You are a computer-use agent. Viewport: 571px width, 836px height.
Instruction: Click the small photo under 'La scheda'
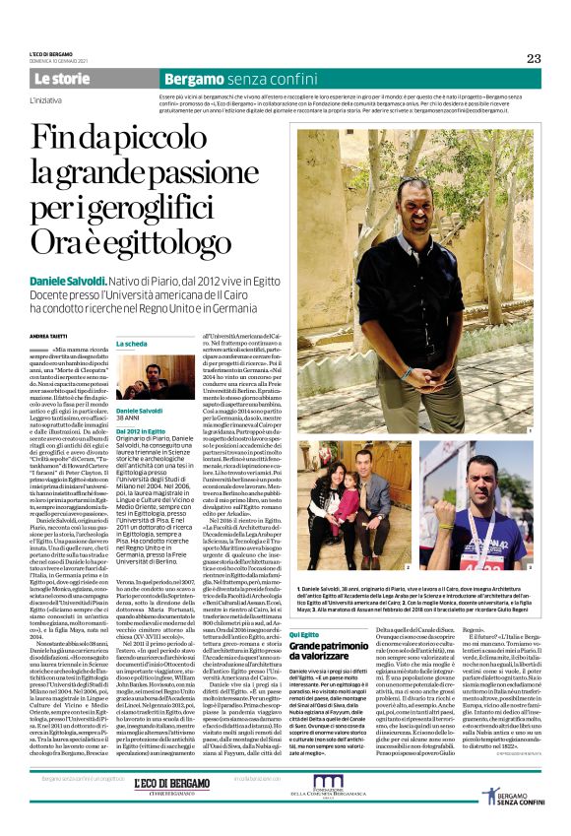[156, 376]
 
